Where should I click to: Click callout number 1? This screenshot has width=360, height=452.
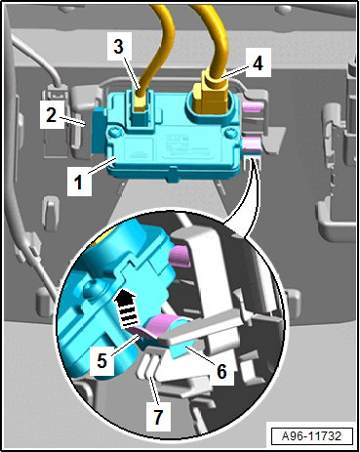click(78, 182)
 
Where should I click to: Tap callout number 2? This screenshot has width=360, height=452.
click(51, 114)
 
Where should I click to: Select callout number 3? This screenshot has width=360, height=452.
click(119, 46)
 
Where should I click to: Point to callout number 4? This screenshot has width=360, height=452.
click(258, 62)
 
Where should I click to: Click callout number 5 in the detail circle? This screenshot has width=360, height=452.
click(101, 360)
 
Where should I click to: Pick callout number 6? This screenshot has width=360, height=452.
click(221, 371)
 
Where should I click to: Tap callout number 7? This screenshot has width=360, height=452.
click(158, 417)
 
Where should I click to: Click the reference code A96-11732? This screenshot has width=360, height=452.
click(312, 435)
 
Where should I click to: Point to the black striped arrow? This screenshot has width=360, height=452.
click(127, 309)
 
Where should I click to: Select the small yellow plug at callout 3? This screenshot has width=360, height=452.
click(140, 102)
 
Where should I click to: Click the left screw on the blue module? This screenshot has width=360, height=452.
click(115, 133)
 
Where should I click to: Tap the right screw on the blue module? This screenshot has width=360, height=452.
click(230, 133)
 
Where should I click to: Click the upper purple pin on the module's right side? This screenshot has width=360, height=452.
click(252, 105)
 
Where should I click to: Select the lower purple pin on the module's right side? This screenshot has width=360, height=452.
click(252, 143)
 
